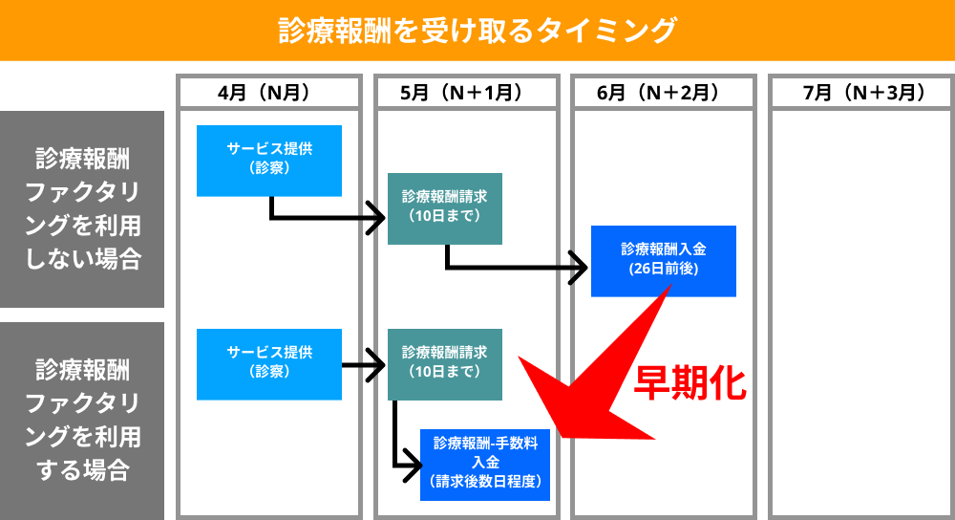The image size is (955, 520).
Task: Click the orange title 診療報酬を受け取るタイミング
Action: pyautogui.click(x=477, y=30)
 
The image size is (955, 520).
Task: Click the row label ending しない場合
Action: pyautogui.click(x=82, y=209)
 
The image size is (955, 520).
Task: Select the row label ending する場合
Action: pyautogui.click(x=82, y=421)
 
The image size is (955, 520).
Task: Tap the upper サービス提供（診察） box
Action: pyautogui.click(x=269, y=161)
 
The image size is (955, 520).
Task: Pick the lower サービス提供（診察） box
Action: pyautogui.click(x=269, y=364)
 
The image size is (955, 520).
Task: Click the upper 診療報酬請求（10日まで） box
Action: pyautogui.click(x=445, y=208)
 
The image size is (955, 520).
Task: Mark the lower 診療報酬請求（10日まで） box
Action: pyautogui.click(x=445, y=364)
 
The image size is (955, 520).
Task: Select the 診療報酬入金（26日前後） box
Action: pyautogui.click(x=664, y=261)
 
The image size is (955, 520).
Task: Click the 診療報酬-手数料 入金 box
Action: pyautogui.click(x=485, y=465)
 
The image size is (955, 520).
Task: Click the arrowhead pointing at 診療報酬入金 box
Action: pyautogui.click(x=580, y=267)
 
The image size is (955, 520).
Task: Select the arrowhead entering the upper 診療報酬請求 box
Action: pyautogui.click(x=376, y=217)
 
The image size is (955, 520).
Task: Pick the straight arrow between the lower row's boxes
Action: pyautogui.click(x=364, y=365)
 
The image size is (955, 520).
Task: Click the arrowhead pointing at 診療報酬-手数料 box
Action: pyautogui.click(x=413, y=466)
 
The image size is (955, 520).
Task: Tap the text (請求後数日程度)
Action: pyautogui.click(x=485, y=482)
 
